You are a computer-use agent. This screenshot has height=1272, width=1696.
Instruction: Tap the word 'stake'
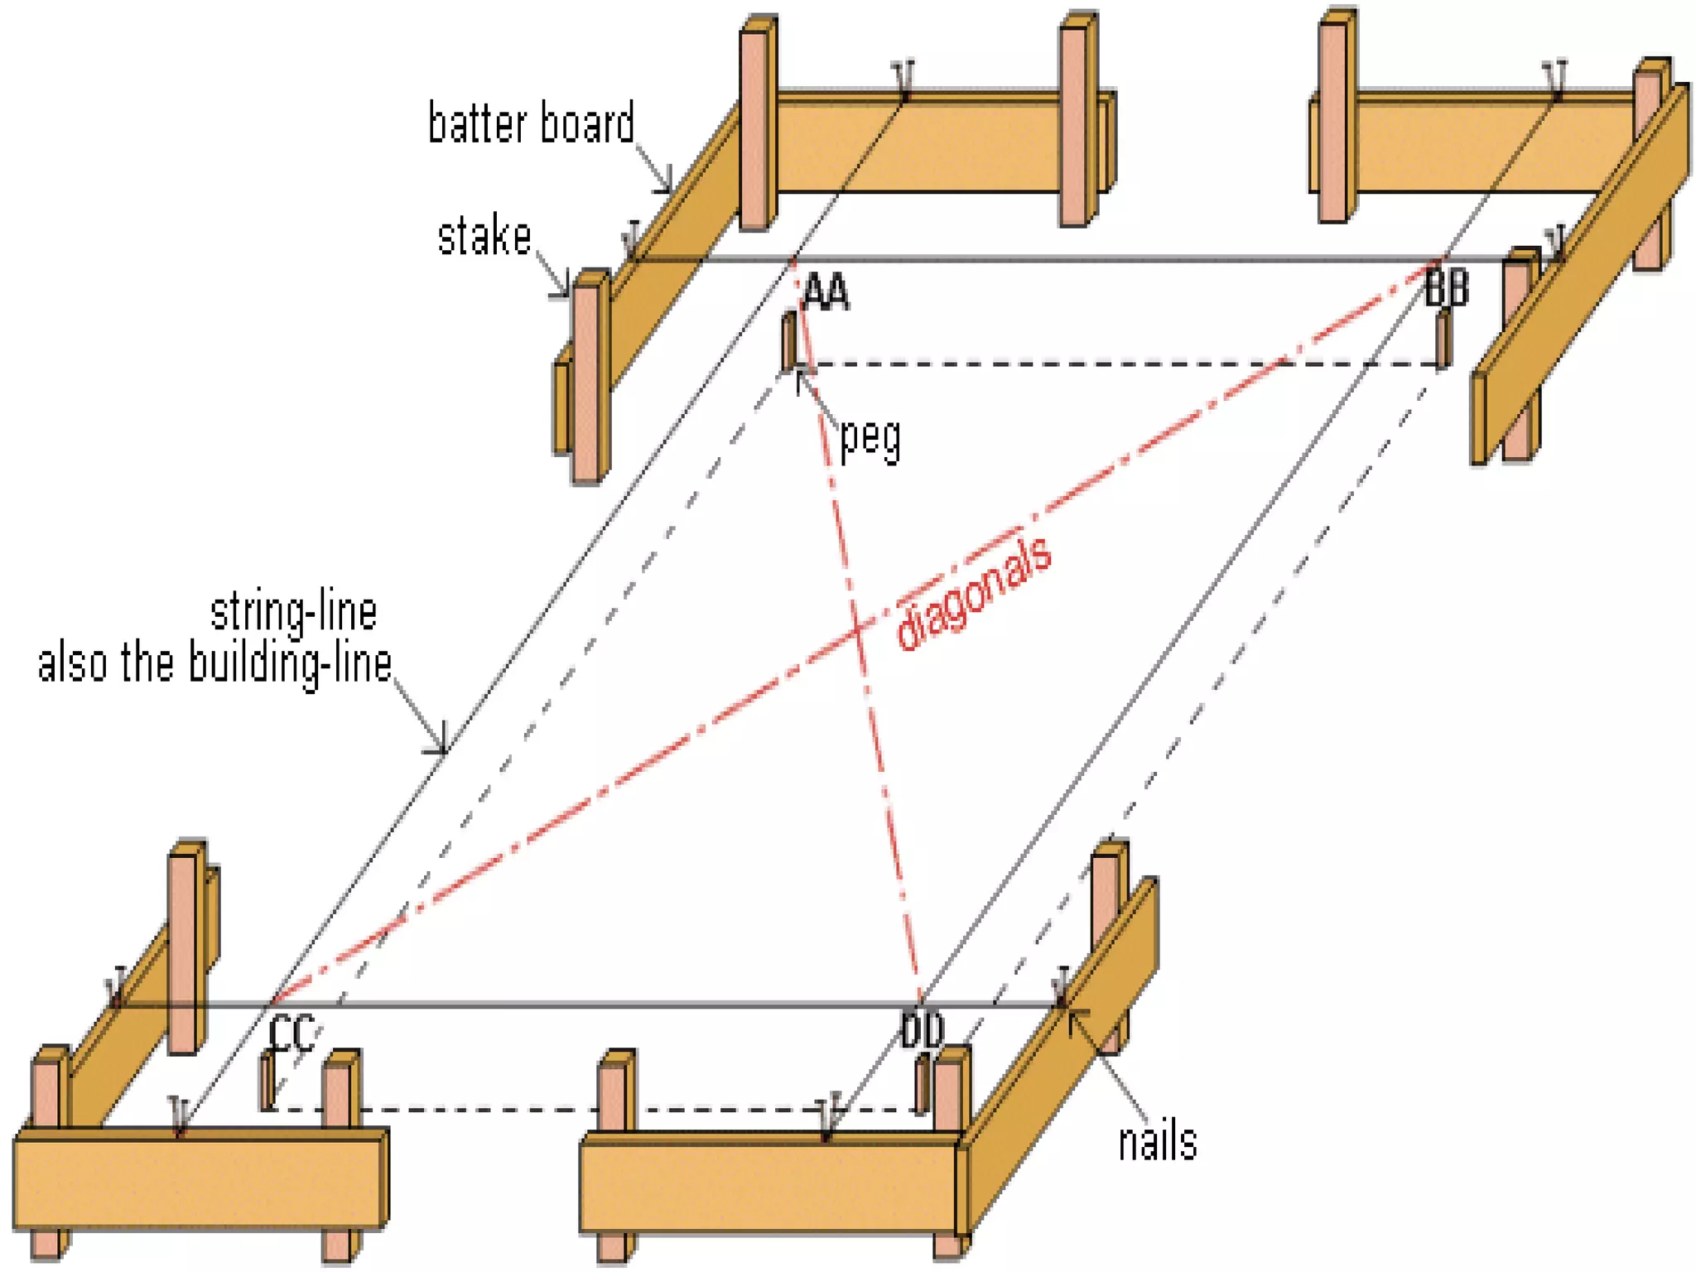[x=484, y=237]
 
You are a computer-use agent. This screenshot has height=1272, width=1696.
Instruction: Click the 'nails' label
[x=1157, y=1143]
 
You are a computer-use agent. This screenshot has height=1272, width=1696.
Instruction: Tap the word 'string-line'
[x=294, y=613]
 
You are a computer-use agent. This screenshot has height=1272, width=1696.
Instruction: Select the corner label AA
[x=826, y=292]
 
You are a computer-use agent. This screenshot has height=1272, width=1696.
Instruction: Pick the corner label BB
[x=1447, y=289]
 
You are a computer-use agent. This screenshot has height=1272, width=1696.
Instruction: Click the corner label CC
[x=291, y=1033]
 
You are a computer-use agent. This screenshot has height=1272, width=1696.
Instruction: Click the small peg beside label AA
[x=789, y=340]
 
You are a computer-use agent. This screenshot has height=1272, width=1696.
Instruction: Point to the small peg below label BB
[x=1443, y=339]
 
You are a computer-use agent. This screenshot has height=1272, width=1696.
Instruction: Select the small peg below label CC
[x=267, y=1080]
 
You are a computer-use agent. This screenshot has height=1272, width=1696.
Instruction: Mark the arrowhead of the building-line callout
[x=444, y=750]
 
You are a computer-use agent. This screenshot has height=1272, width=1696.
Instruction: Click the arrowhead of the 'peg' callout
[x=799, y=376]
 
